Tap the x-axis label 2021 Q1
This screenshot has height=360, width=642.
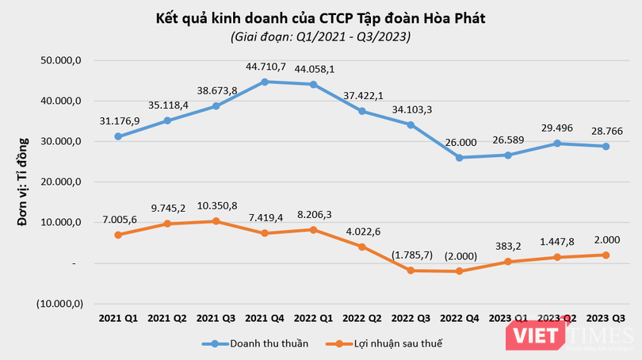[x=118, y=318]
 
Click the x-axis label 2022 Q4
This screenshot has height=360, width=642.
[x=460, y=318]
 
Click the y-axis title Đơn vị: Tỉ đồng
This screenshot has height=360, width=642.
[x=22, y=182]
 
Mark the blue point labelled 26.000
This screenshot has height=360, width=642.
[x=460, y=158]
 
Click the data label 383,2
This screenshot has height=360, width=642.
[x=509, y=247]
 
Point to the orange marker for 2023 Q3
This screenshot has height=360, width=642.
[x=606, y=255]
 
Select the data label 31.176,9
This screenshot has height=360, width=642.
[x=120, y=121]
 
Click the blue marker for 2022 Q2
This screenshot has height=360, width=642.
[x=362, y=111]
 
